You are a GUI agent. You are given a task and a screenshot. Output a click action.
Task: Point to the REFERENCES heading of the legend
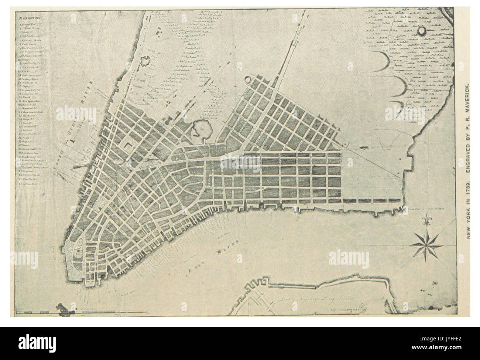click(x=29, y=17)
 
